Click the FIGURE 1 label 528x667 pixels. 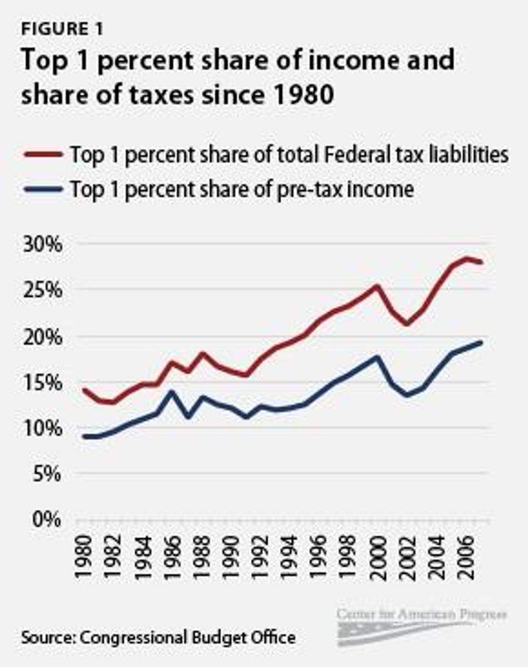pyautogui.click(x=62, y=30)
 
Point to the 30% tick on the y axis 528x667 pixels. pyautogui.click(x=42, y=244)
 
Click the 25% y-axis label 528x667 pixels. pyautogui.click(x=42, y=290)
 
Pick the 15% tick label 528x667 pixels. pyautogui.click(x=42, y=382)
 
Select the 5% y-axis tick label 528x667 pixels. pyautogui.click(x=47, y=474)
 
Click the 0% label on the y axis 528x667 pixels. pyautogui.click(x=47, y=520)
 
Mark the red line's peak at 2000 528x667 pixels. pyautogui.click(x=377, y=286)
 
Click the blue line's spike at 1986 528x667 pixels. pyautogui.click(x=172, y=391)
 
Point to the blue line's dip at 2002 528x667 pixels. pyautogui.click(x=407, y=395)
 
